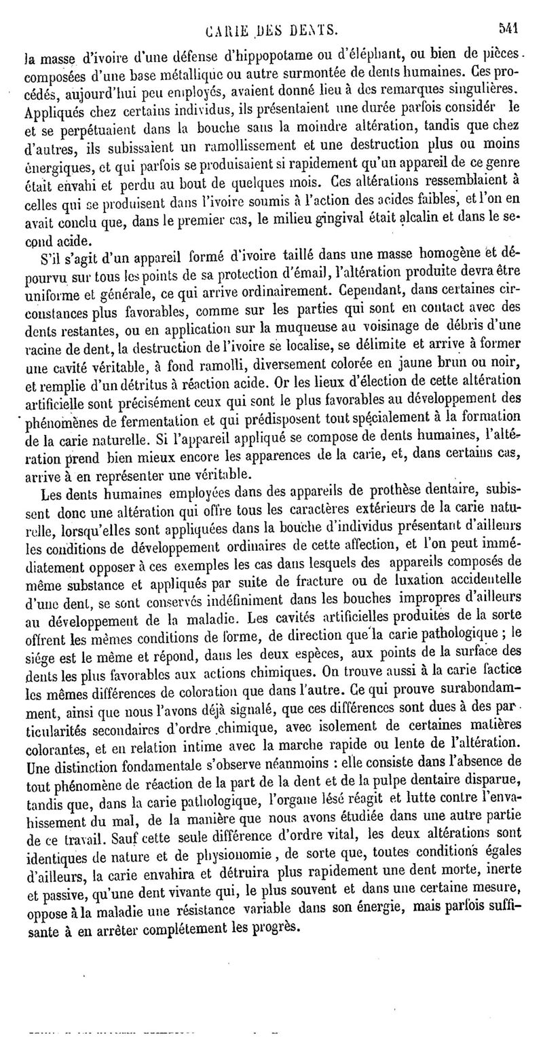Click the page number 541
[510, 29]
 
